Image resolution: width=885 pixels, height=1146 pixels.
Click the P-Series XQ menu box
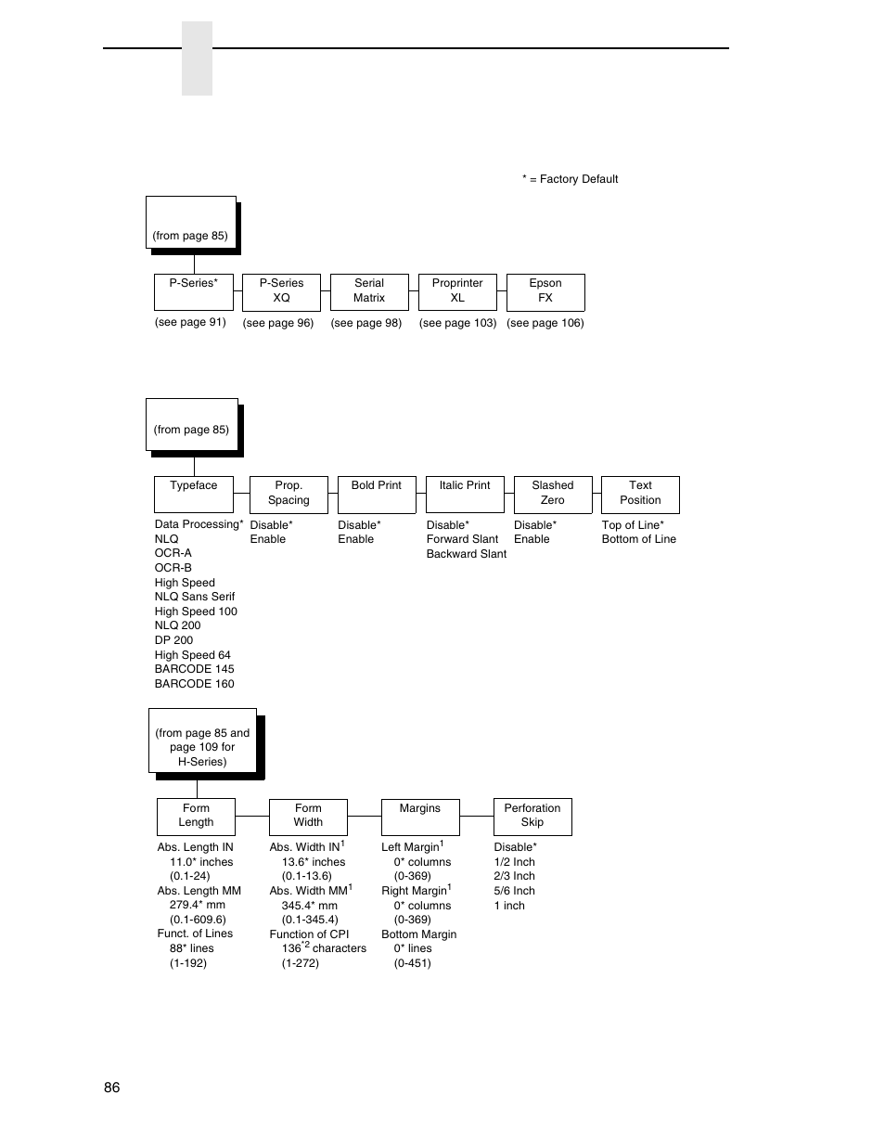[281, 291]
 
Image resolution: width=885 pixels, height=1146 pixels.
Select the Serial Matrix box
[369, 291]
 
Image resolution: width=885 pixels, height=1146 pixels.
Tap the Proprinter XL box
[457, 291]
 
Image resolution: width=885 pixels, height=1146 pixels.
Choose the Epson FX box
[545, 291]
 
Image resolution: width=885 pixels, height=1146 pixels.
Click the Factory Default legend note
[570, 179]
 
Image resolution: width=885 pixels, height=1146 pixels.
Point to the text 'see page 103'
[457, 323]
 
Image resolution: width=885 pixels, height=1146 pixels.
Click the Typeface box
[193, 494]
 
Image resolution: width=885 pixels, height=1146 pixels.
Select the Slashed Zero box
[552, 494]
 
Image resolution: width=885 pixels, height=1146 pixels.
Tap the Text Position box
[640, 494]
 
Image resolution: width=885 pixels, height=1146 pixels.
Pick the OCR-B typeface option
[173, 568]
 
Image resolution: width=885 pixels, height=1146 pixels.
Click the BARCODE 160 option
[195, 684]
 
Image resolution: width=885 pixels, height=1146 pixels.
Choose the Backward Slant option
[467, 554]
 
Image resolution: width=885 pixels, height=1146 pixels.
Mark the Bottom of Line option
[639, 539]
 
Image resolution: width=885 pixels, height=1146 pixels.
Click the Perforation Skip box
[532, 816]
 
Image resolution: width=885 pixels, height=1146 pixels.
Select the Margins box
[420, 816]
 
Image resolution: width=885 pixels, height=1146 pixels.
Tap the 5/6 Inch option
[515, 891]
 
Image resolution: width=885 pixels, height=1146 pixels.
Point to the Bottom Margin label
[419, 934]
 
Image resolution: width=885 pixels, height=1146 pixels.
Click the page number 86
[112, 1088]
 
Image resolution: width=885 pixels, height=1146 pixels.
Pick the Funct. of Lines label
[195, 934]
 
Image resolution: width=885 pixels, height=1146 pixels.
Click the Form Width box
[308, 816]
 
